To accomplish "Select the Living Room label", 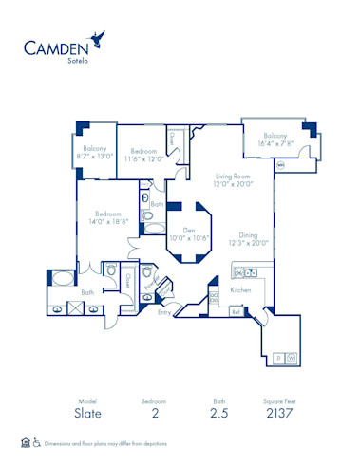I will [233, 180].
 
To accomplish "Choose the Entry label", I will [166, 311].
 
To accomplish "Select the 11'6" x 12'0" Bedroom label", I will [143, 155].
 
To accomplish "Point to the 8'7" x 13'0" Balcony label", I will [93, 152].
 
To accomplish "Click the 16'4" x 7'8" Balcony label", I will [274, 139].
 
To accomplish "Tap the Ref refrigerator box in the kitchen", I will [236, 310].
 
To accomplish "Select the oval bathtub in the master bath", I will [62, 279].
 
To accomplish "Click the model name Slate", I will [86, 413].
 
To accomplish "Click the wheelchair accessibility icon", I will [37, 442].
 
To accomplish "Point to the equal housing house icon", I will [25, 442].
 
